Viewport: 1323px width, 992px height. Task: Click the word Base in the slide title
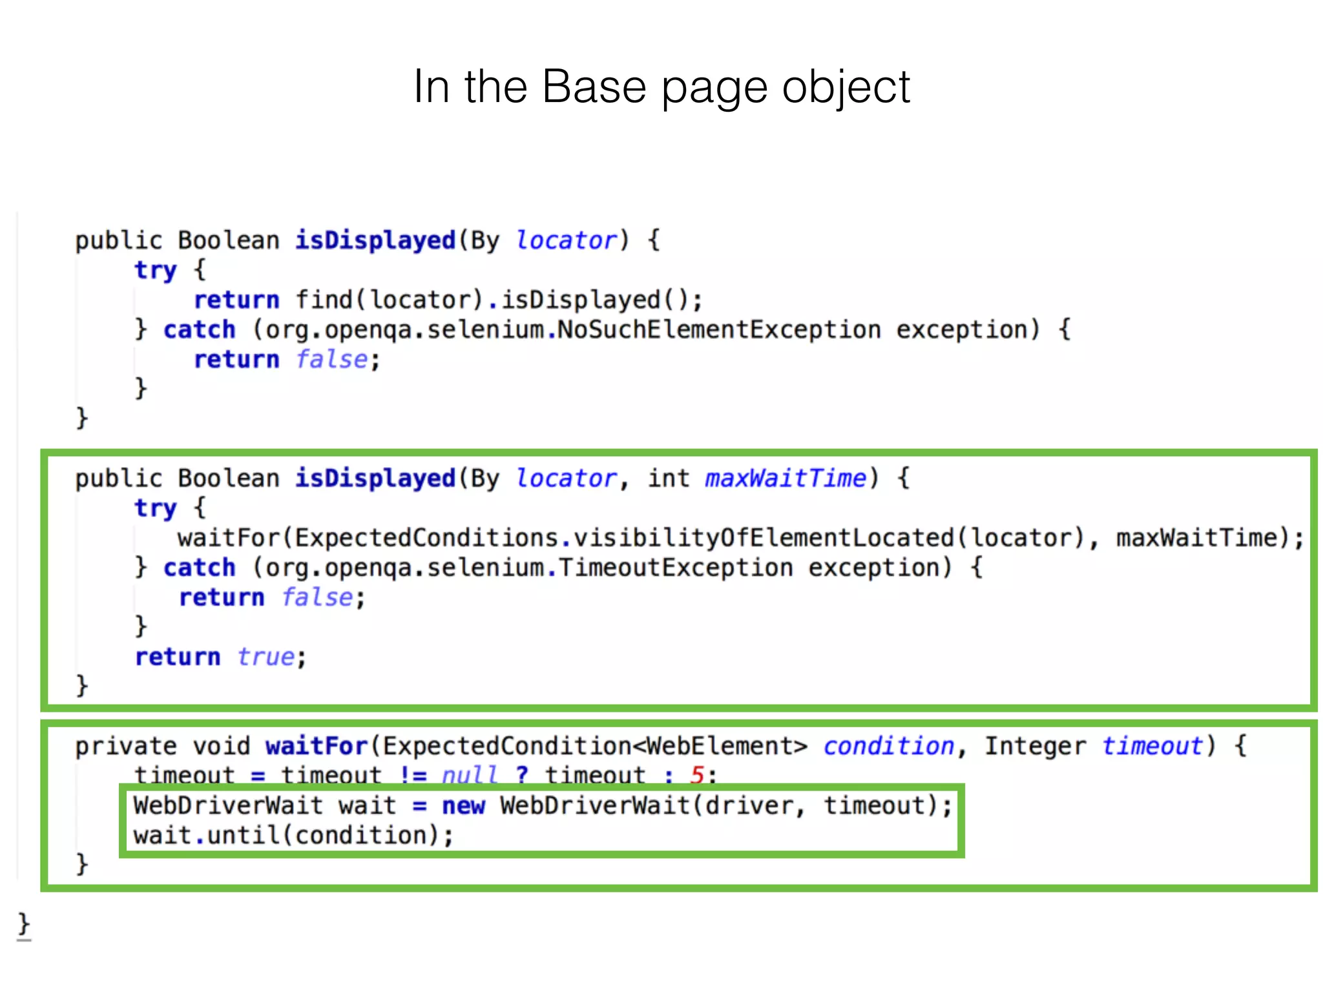pyautogui.click(x=594, y=87)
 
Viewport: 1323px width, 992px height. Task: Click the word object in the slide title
pyautogui.click(x=846, y=88)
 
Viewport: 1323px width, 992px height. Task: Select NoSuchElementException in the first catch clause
pyautogui.click(x=719, y=330)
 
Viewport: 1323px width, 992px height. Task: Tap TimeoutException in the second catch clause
pyautogui.click(x=675, y=568)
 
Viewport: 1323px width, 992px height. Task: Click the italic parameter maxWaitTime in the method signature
pyautogui.click(x=785, y=479)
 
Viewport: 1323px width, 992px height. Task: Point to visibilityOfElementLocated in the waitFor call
pyautogui.click(x=764, y=538)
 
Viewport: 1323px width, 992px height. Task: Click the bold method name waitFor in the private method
pyautogui.click(x=317, y=747)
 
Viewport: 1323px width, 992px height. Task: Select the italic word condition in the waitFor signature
pyautogui.click(x=888, y=747)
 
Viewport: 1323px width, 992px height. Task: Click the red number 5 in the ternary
pyautogui.click(x=697, y=774)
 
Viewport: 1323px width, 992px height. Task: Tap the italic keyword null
pyautogui.click(x=470, y=774)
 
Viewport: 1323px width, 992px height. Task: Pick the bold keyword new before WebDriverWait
pyautogui.click(x=463, y=806)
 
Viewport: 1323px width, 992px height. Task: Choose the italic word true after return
pyautogui.click(x=266, y=657)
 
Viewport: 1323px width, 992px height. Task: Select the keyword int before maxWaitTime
pyautogui.click(x=669, y=479)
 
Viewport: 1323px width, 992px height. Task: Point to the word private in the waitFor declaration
pyautogui.click(x=125, y=747)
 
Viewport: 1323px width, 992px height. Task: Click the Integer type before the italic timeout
pyautogui.click(x=1035, y=747)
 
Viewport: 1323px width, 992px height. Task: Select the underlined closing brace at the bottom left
pyautogui.click(x=24, y=924)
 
